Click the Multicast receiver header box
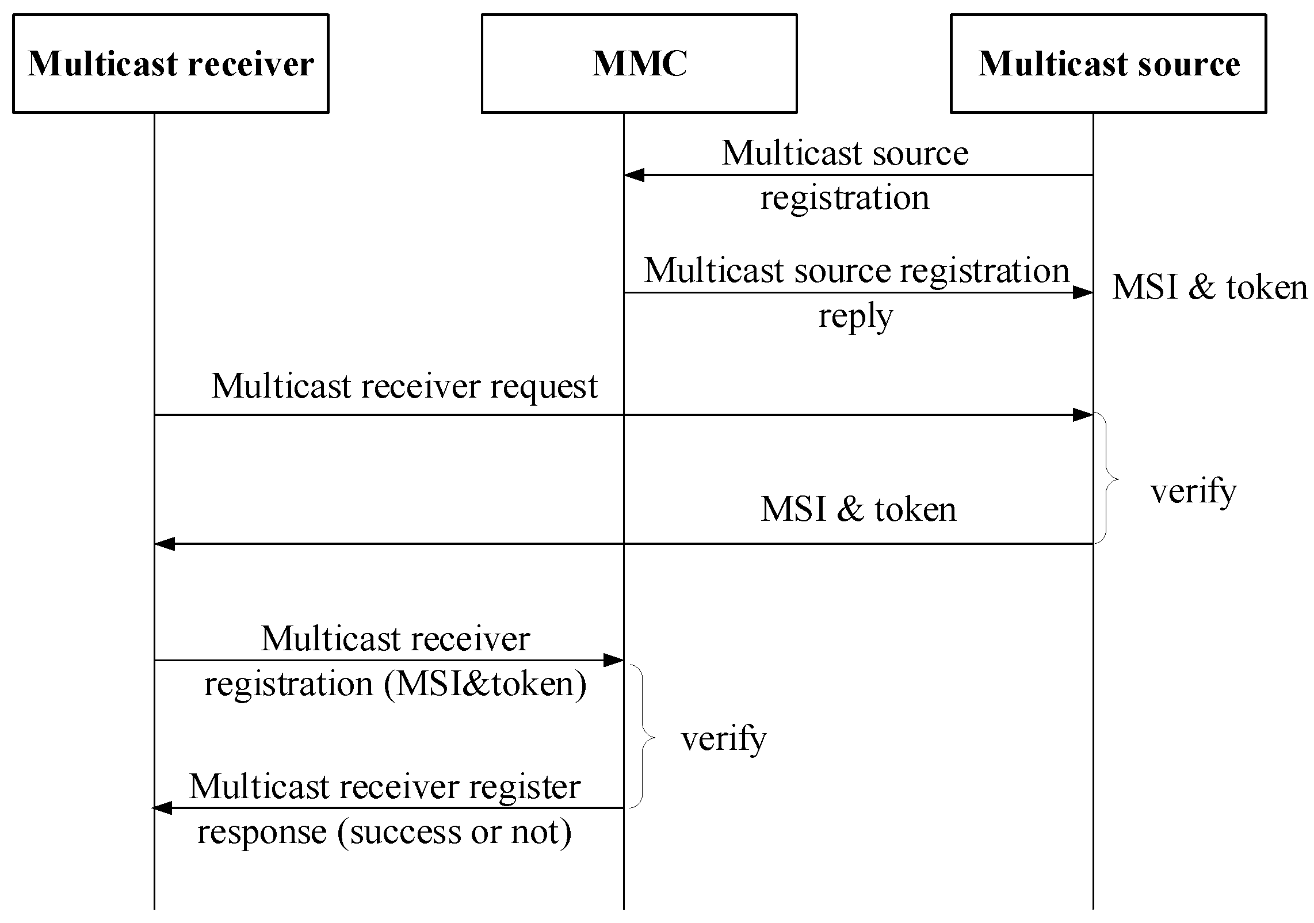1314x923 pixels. click(x=170, y=63)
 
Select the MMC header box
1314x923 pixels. click(x=639, y=63)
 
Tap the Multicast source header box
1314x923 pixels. click(x=1108, y=63)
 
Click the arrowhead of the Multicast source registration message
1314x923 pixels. click(x=633, y=175)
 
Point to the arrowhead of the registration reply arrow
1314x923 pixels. click(x=1083, y=293)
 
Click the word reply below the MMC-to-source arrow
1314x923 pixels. click(x=855, y=316)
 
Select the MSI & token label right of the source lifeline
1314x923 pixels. click(x=1209, y=287)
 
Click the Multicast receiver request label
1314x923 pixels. click(x=404, y=386)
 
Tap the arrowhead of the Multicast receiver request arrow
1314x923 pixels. click(x=1083, y=415)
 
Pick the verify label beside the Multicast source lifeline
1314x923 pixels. click(x=1193, y=491)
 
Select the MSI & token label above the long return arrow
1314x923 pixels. click(x=858, y=510)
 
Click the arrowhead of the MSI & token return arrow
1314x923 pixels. click(x=165, y=544)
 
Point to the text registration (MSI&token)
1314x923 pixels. click(x=395, y=684)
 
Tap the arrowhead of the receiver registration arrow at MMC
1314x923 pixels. click(x=614, y=661)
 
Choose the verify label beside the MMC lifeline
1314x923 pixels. click(x=724, y=738)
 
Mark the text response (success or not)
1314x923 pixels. click(x=384, y=832)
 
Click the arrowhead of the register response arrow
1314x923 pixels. click(x=163, y=808)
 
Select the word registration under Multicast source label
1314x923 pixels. click(x=845, y=198)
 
